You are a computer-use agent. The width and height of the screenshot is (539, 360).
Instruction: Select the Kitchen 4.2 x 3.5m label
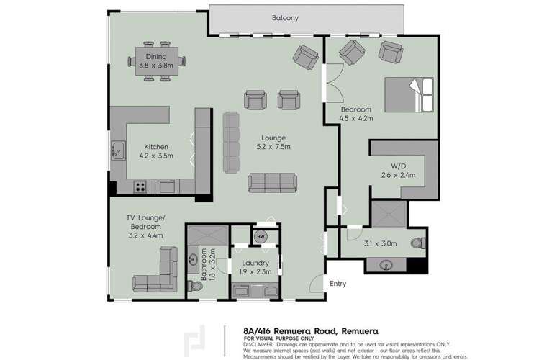pyautogui.click(x=155, y=150)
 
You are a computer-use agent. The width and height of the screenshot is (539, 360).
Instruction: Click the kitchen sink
pyautogui.click(x=117, y=152)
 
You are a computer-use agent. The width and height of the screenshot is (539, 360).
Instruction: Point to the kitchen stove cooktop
pyautogui.click(x=140, y=187)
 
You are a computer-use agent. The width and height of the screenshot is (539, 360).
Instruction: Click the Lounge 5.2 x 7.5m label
pyautogui.click(x=273, y=143)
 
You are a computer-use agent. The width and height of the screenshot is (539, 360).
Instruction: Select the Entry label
pyautogui.click(x=338, y=284)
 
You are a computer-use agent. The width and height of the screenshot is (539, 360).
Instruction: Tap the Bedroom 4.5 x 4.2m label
pyautogui.click(x=356, y=113)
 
